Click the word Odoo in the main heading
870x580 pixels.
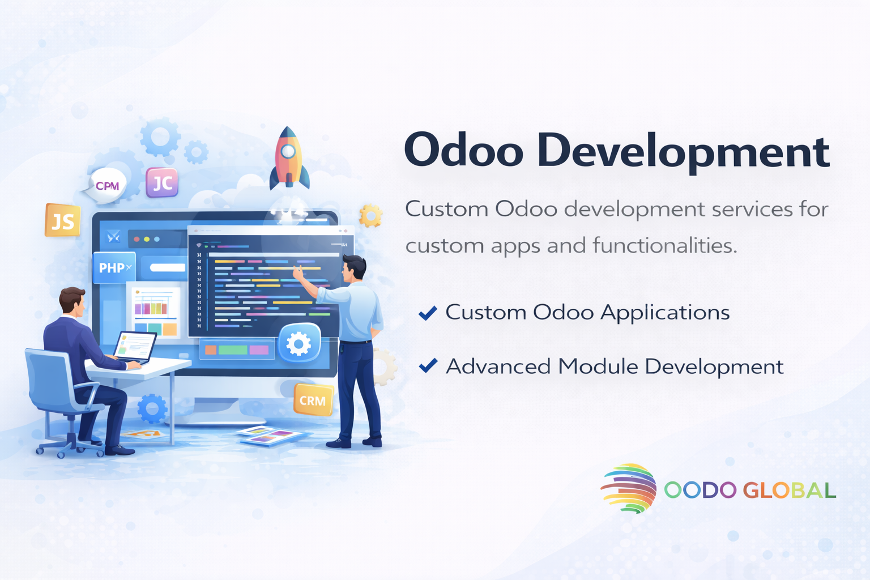tap(464, 150)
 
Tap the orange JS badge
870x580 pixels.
tap(62, 220)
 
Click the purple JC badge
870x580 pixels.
tap(162, 182)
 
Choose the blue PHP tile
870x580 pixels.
tap(114, 267)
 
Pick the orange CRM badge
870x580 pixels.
tap(313, 400)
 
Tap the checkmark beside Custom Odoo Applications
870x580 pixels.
tap(428, 313)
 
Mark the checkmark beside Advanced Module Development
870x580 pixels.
tap(428, 365)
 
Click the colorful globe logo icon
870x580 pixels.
tap(629, 488)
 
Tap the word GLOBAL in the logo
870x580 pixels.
tap(789, 491)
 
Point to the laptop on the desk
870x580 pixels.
tap(134, 347)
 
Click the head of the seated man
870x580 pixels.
tap(72, 301)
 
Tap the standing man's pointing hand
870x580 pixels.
tap(298, 272)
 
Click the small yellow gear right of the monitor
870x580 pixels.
tap(370, 215)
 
